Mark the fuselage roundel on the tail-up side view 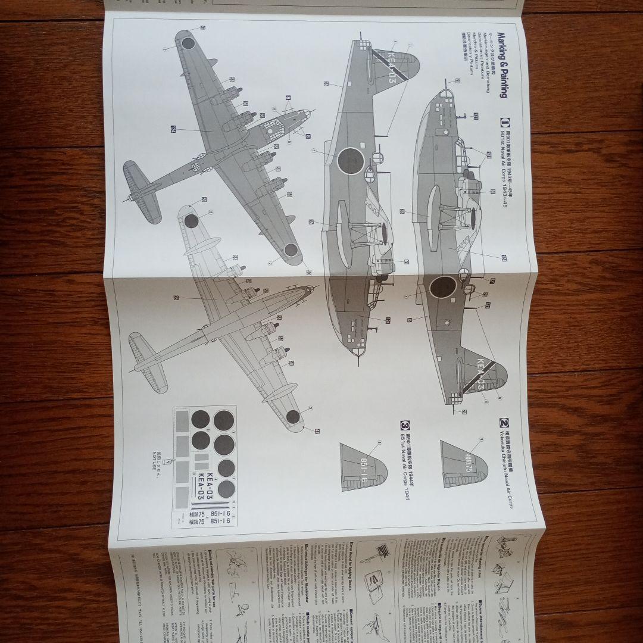click(x=350, y=161)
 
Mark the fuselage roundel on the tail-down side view click(x=442, y=287)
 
